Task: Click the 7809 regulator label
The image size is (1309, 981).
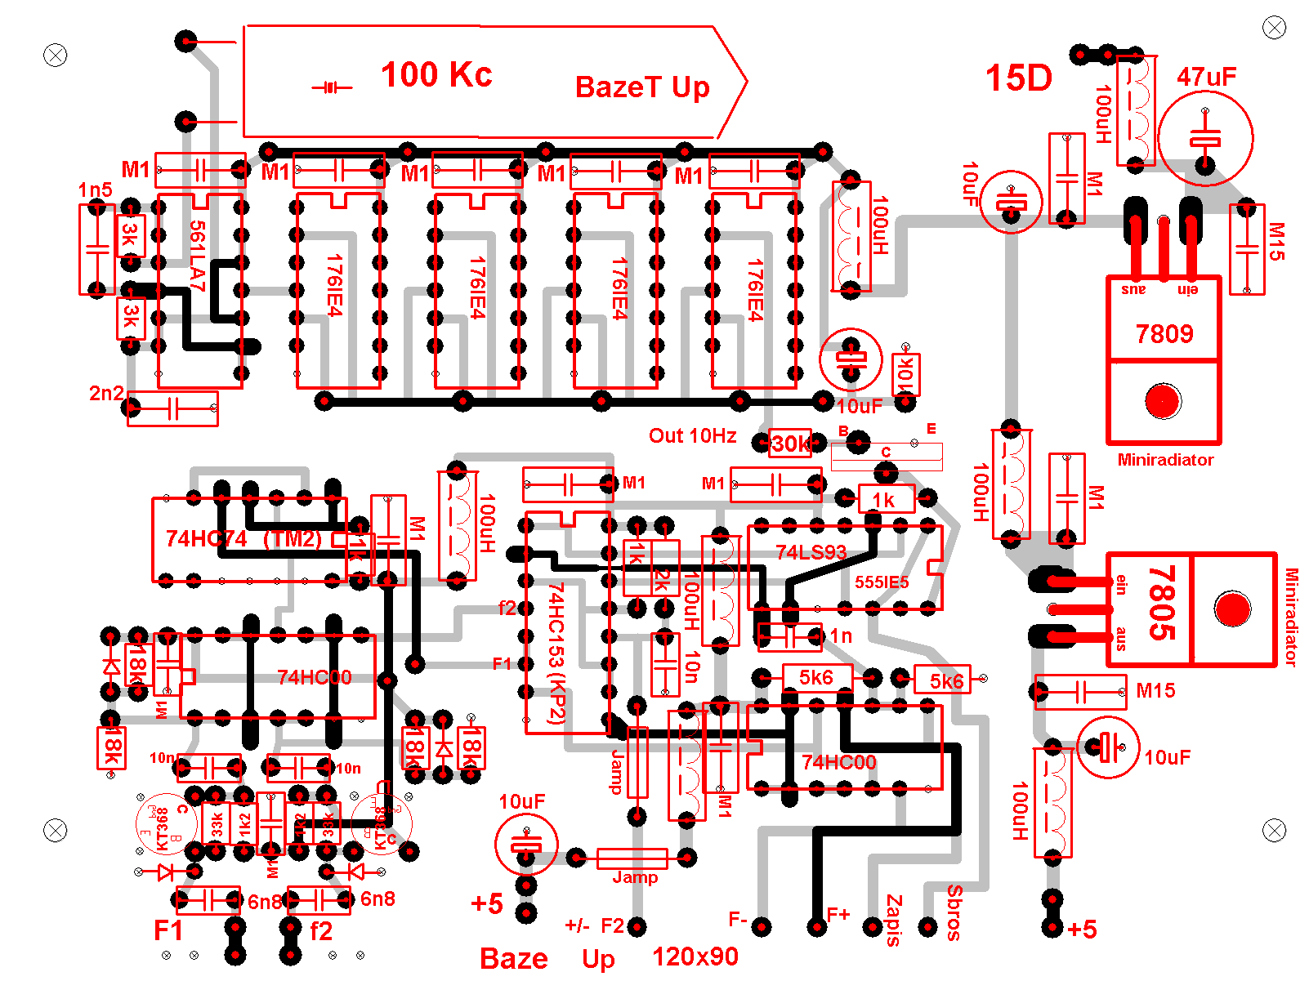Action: point(1164,334)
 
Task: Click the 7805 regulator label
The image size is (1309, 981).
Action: point(1162,604)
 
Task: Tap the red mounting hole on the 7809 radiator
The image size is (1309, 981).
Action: point(1162,400)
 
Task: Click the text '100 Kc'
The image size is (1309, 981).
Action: point(436,75)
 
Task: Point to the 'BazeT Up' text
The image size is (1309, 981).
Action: point(642,87)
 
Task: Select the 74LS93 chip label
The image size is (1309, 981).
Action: point(811,552)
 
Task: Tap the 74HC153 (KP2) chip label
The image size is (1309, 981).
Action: point(556,653)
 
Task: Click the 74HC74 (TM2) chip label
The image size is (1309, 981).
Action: point(243,539)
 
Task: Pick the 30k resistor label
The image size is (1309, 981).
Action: point(791,444)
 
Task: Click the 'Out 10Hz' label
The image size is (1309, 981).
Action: point(692,436)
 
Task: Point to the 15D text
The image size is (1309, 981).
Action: point(1018,78)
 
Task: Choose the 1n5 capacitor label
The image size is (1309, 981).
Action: point(96,190)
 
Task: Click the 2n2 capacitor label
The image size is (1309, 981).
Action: point(106,393)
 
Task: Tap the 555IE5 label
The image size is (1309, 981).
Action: point(882,582)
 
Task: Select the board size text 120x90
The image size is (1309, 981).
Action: point(695,956)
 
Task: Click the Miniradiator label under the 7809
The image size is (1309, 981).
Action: point(1165,460)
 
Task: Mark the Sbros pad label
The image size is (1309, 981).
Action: point(954,912)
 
